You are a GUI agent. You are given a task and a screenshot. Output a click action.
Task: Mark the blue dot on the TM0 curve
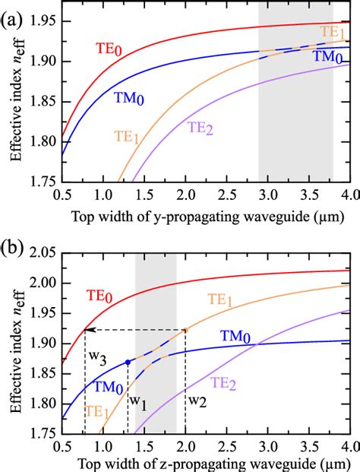click(128, 363)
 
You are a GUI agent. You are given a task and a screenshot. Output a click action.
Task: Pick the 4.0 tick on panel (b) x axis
click(349, 447)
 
